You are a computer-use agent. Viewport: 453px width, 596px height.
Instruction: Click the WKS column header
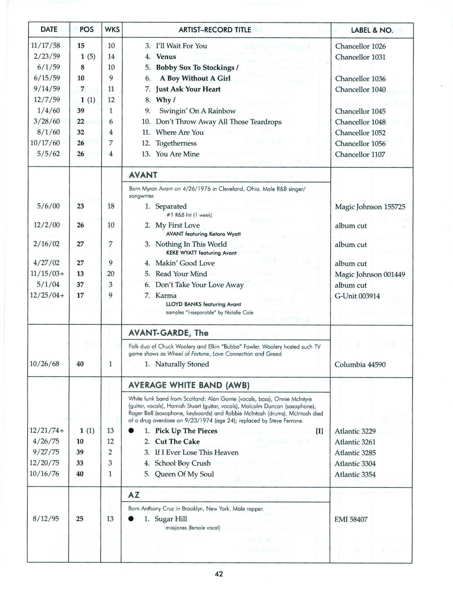[112, 30]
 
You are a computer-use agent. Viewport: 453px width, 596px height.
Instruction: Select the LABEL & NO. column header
[372, 30]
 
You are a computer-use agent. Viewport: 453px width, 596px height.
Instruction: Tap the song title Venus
[166, 57]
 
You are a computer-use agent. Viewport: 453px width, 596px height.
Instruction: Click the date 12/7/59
[47, 100]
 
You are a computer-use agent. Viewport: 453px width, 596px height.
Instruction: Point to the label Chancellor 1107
[360, 154]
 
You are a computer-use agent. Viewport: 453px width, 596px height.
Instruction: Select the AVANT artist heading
[143, 175]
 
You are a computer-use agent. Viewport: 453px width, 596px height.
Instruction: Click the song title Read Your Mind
[181, 274]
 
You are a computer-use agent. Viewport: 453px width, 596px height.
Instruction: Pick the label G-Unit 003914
[357, 296]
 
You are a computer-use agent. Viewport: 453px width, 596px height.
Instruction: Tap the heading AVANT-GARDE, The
[168, 333]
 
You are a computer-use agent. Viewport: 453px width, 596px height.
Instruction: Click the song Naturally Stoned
[182, 364]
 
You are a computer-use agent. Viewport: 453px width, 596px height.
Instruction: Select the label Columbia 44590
[360, 364]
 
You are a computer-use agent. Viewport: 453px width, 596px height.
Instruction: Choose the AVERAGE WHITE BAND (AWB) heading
[189, 385]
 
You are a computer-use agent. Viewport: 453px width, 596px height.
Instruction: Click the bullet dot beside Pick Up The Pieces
[131, 431]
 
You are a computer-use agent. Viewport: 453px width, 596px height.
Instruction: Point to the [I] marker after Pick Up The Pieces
[319, 431]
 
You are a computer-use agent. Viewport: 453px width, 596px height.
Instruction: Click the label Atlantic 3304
[355, 463]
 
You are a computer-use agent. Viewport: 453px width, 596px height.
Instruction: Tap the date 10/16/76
[44, 474]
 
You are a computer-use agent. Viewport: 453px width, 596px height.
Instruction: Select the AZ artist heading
[134, 495]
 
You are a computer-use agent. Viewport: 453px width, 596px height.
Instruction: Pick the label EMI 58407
[351, 519]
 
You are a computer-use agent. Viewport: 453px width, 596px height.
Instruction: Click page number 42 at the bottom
[219, 574]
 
